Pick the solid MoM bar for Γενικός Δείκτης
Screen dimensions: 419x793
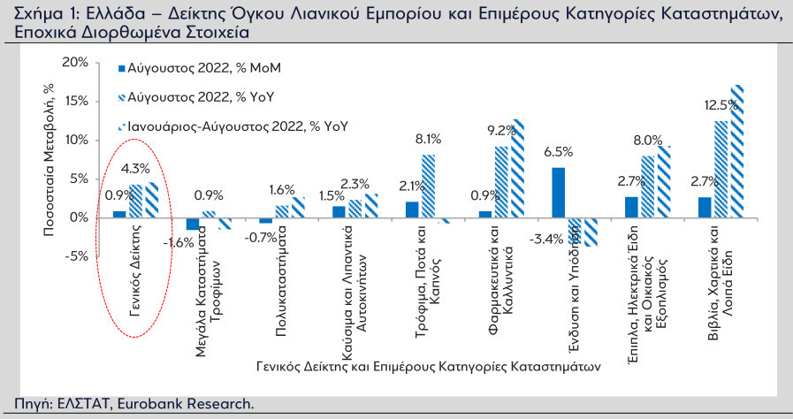[x=119, y=214]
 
